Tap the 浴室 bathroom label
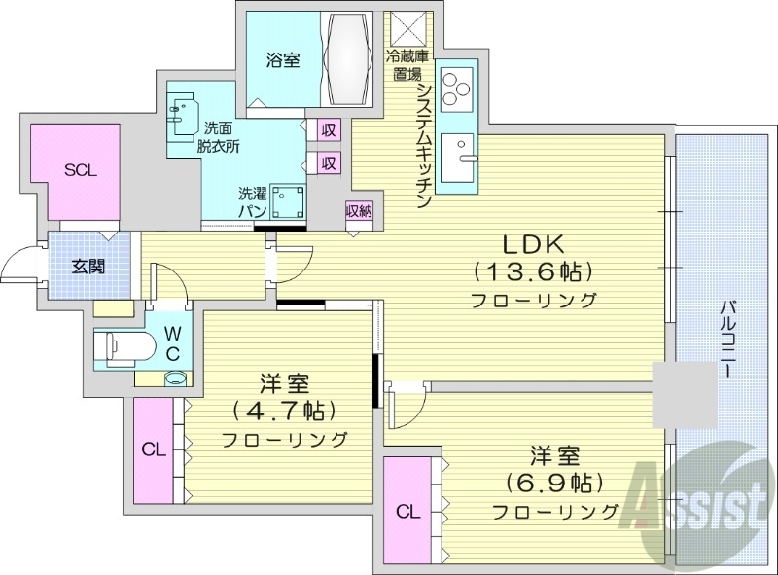(283, 60)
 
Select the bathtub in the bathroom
(348, 57)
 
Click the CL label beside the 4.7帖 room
(153, 449)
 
